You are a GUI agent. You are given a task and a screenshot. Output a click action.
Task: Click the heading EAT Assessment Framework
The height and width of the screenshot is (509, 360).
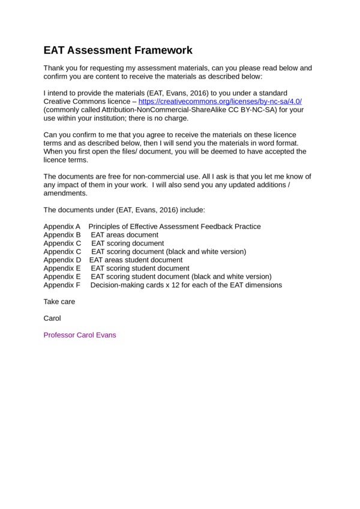point(118,50)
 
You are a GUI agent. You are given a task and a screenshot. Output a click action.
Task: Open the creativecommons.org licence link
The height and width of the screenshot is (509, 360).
point(220,102)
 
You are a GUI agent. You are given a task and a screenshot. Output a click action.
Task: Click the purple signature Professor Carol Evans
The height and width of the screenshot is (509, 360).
point(80,335)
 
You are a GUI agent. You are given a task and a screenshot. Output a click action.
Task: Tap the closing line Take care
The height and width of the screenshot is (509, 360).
point(59,302)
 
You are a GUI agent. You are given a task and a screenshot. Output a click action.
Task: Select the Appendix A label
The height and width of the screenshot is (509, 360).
point(62,227)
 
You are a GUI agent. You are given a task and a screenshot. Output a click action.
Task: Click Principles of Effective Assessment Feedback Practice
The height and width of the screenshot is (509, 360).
point(175,227)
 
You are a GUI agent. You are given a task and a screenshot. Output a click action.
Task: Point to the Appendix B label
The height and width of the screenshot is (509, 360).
point(62,235)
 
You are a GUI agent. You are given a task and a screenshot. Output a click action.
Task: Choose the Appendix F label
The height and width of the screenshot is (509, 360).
point(62,285)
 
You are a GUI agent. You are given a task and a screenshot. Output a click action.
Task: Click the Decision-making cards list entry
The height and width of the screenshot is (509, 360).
point(186,285)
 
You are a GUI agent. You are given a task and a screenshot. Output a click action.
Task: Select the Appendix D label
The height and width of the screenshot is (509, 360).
point(62,260)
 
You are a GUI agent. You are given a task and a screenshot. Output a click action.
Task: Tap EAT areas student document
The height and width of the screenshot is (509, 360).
point(136,260)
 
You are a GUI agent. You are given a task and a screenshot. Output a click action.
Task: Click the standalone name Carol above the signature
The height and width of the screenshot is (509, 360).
point(52,318)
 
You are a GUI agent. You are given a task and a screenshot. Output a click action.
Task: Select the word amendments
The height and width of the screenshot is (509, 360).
point(65,194)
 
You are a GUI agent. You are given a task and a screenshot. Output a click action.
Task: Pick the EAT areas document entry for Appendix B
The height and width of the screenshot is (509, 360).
point(125,235)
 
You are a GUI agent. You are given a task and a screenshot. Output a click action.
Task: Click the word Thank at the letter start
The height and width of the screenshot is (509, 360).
point(54,68)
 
